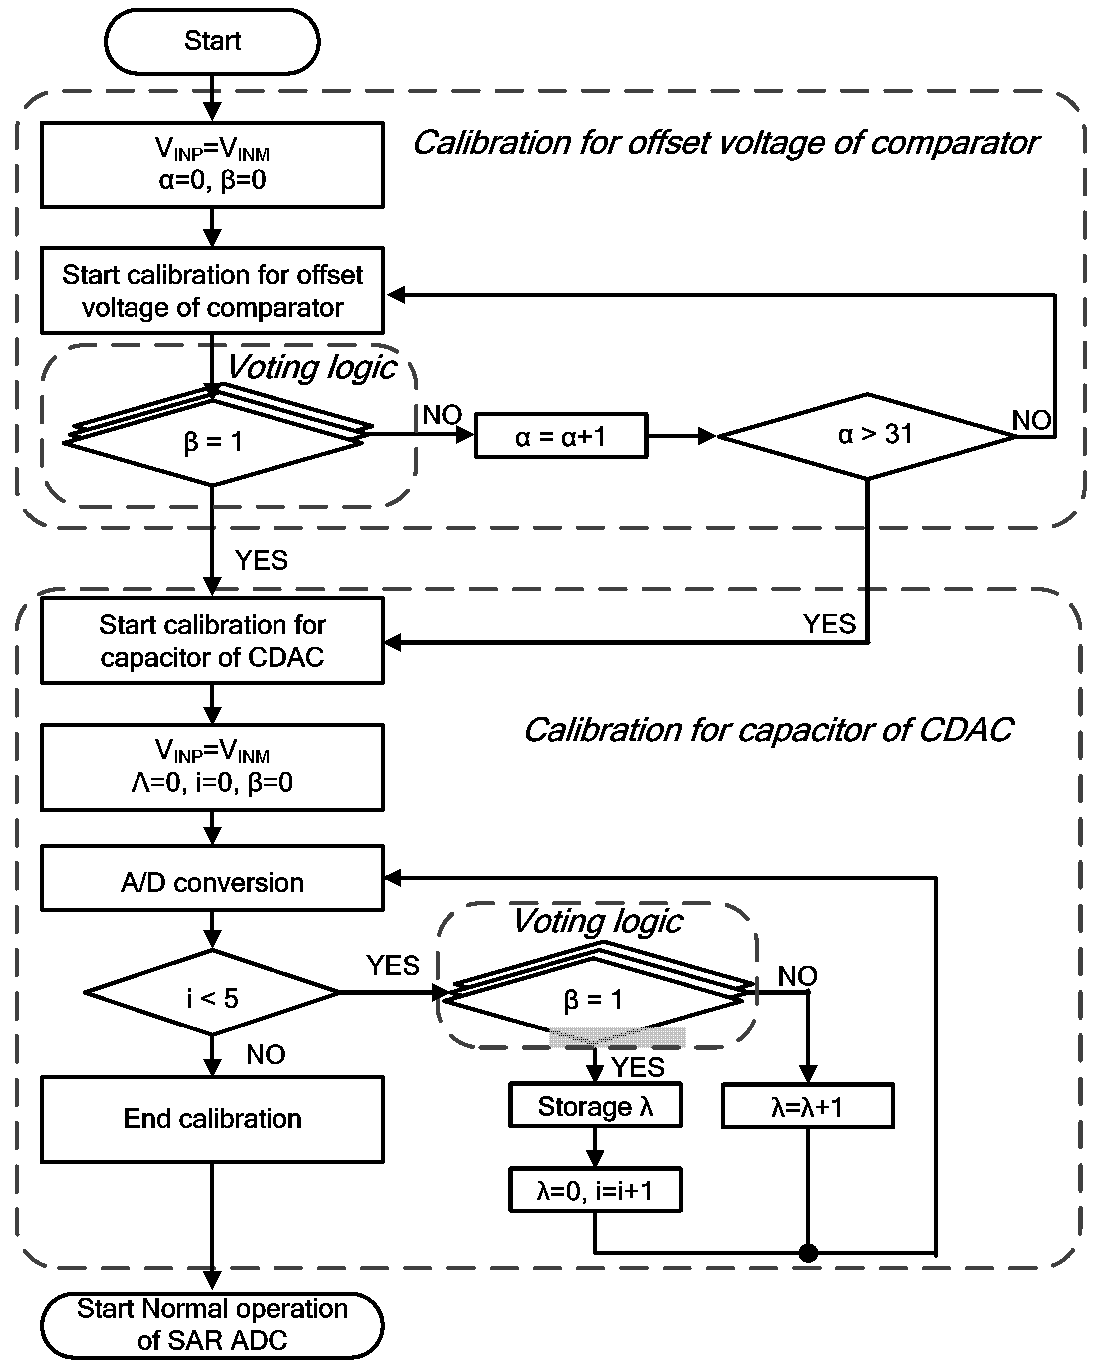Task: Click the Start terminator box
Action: click(x=212, y=41)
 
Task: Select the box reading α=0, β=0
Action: click(x=212, y=165)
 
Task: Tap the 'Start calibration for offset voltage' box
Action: click(x=212, y=290)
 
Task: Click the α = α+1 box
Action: click(x=561, y=436)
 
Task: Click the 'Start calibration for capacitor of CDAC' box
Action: click(x=212, y=640)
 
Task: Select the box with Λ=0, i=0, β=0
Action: click(x=212, y=767)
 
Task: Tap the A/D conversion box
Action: click(x=212, y=882)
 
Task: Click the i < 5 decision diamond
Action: click(x=212, y=993)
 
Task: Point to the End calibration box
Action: click(x=212, y=1119)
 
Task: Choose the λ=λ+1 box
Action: click(x=808, y=1106)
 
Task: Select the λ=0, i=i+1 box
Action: click(x=595, y=1190)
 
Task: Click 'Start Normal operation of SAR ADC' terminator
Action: click(x=212, y=1325)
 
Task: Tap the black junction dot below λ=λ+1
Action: click(x=808, y=1253)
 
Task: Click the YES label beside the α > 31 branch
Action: click(x=829, y=624)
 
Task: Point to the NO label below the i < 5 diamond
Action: click(x=266, y=1055)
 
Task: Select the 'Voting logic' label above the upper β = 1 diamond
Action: click(x=312, y=367)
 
